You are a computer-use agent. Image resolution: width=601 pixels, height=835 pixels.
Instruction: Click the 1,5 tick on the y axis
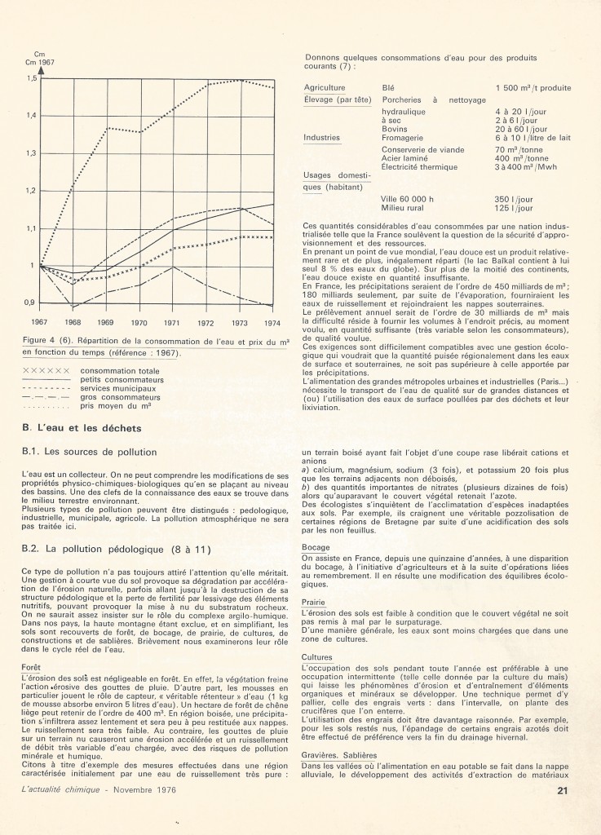[31, 78]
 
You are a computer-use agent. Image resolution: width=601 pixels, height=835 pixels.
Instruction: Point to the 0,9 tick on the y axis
[31, 303]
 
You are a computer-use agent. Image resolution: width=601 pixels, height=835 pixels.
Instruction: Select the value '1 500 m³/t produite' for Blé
[533, 87]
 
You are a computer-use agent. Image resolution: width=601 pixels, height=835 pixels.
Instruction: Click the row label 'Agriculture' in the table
[324, 87]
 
